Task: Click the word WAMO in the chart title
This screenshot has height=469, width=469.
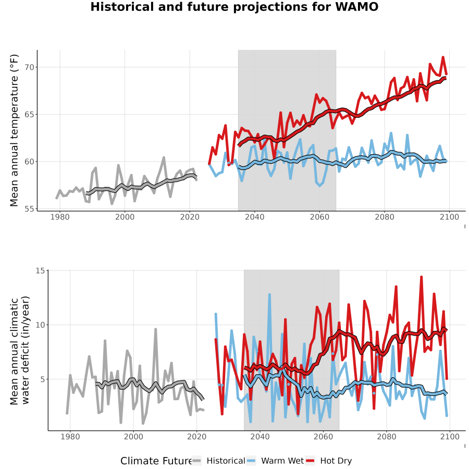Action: coord(357,7)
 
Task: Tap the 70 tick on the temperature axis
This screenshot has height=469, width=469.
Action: coord(30,67)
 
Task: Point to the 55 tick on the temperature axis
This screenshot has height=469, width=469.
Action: coord(30,209)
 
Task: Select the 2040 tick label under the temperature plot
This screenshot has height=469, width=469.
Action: coord(254,217)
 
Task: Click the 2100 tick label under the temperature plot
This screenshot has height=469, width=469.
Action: coord(449,217)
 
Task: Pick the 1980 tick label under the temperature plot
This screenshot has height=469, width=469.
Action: coord(60,217)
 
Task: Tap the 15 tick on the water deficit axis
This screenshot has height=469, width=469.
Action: coord(40,270)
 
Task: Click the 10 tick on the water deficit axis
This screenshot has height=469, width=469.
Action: coord(40,325)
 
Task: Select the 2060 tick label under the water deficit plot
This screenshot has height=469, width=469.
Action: coord(323,437)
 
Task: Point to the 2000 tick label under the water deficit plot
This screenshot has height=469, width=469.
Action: coord(133,437)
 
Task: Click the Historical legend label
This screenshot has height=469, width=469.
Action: coord(226,461)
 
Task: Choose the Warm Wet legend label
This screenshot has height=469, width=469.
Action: coord(282,461)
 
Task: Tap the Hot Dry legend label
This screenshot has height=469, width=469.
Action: coord(336,461)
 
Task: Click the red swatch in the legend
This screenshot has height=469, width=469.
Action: coord(310,461)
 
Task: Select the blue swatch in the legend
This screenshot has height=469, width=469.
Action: coord(251,461)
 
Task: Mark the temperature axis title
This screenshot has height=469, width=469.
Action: coord(14,130)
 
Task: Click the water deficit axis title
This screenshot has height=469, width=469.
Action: coord(20,351)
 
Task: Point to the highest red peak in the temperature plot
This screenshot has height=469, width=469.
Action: coord(443,57)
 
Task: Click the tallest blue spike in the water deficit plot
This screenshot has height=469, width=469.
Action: coord(269,294)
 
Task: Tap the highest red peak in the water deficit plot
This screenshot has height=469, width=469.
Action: coord(422,277)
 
